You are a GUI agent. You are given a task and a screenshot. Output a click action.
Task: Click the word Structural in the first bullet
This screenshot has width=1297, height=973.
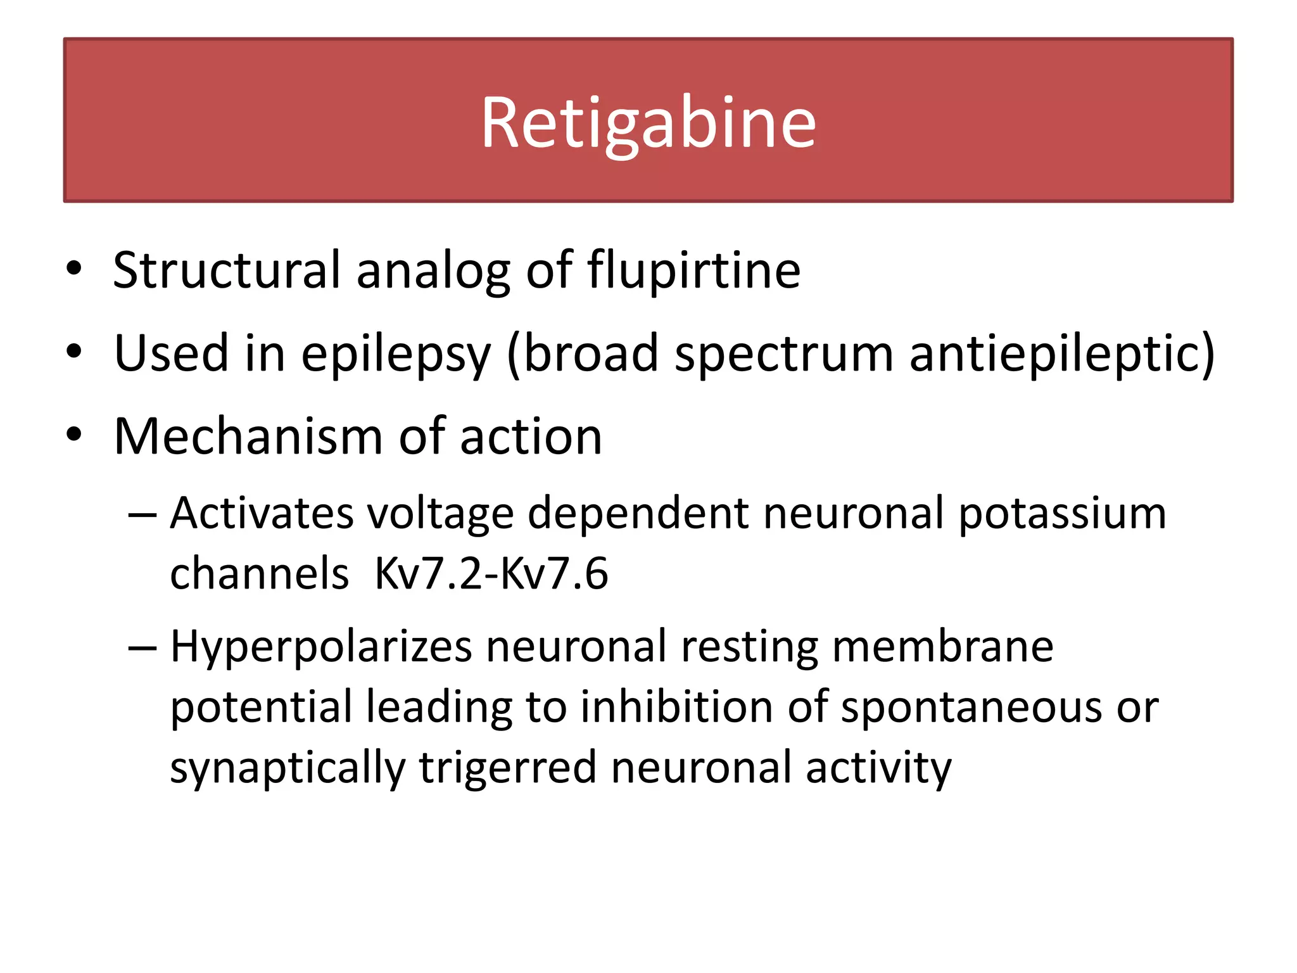coord(227,270)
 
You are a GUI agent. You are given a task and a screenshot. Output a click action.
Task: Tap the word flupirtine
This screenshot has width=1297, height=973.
coord(693,270)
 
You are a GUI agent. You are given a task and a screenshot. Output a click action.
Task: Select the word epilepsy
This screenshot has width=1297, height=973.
coord(396,353)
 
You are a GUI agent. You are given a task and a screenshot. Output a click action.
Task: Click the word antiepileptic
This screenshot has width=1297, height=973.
coord(1061,353)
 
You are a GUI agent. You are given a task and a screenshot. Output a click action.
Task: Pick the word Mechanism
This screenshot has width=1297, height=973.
coord(248,436)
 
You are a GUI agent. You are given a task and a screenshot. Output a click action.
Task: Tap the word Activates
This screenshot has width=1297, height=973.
coord(262,512)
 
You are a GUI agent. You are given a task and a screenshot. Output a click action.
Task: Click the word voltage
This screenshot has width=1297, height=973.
coord(441,512)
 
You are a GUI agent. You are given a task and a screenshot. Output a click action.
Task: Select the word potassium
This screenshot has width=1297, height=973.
coord(1062,512)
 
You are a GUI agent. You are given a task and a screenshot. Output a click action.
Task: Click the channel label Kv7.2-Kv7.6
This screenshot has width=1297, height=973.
coord(491,573)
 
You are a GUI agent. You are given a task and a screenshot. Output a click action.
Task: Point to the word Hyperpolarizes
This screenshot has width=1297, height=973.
coord(321,646)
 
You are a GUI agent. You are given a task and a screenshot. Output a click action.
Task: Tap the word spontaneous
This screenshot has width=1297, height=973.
coord(971,707)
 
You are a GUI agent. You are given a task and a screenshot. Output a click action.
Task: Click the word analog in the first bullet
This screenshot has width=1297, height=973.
coord(433,270)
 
